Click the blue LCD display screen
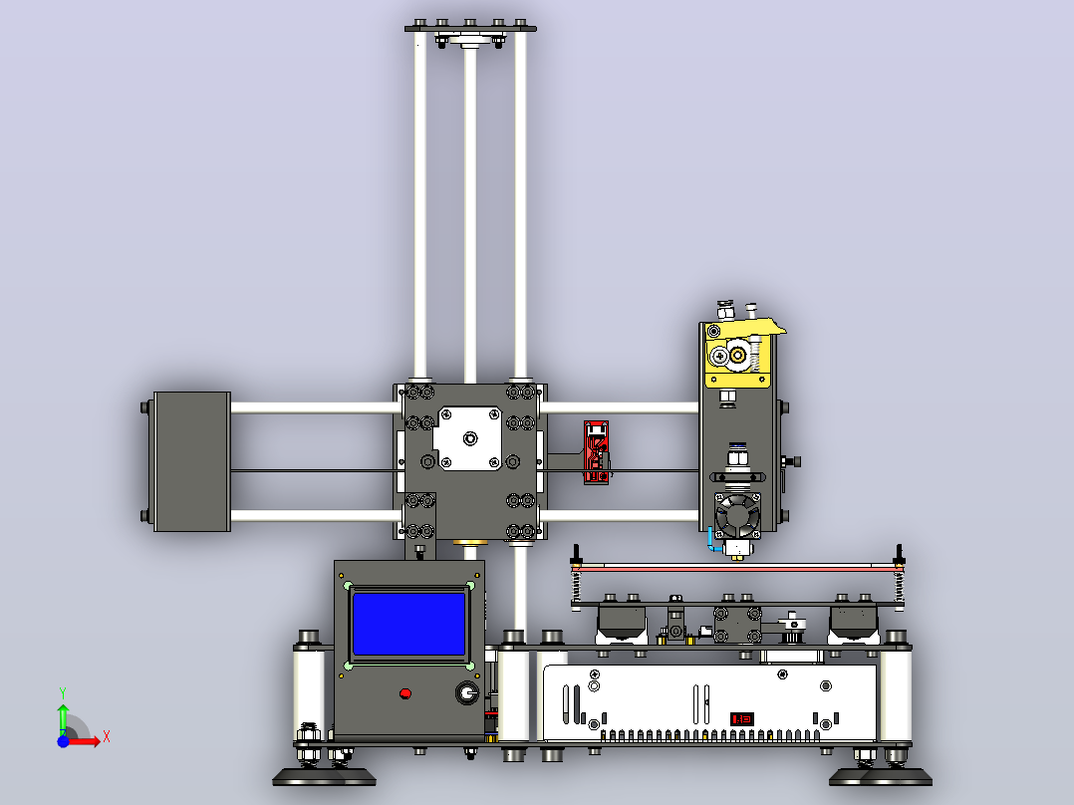[408, 624]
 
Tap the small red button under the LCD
[404, 694]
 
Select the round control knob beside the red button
[467, 692]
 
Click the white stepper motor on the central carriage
[469, 438]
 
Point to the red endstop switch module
[596, 452]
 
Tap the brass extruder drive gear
[737, 355]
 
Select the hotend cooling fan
[737, 515]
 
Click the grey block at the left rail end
[191, 461]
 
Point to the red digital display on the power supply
[742, 718]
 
